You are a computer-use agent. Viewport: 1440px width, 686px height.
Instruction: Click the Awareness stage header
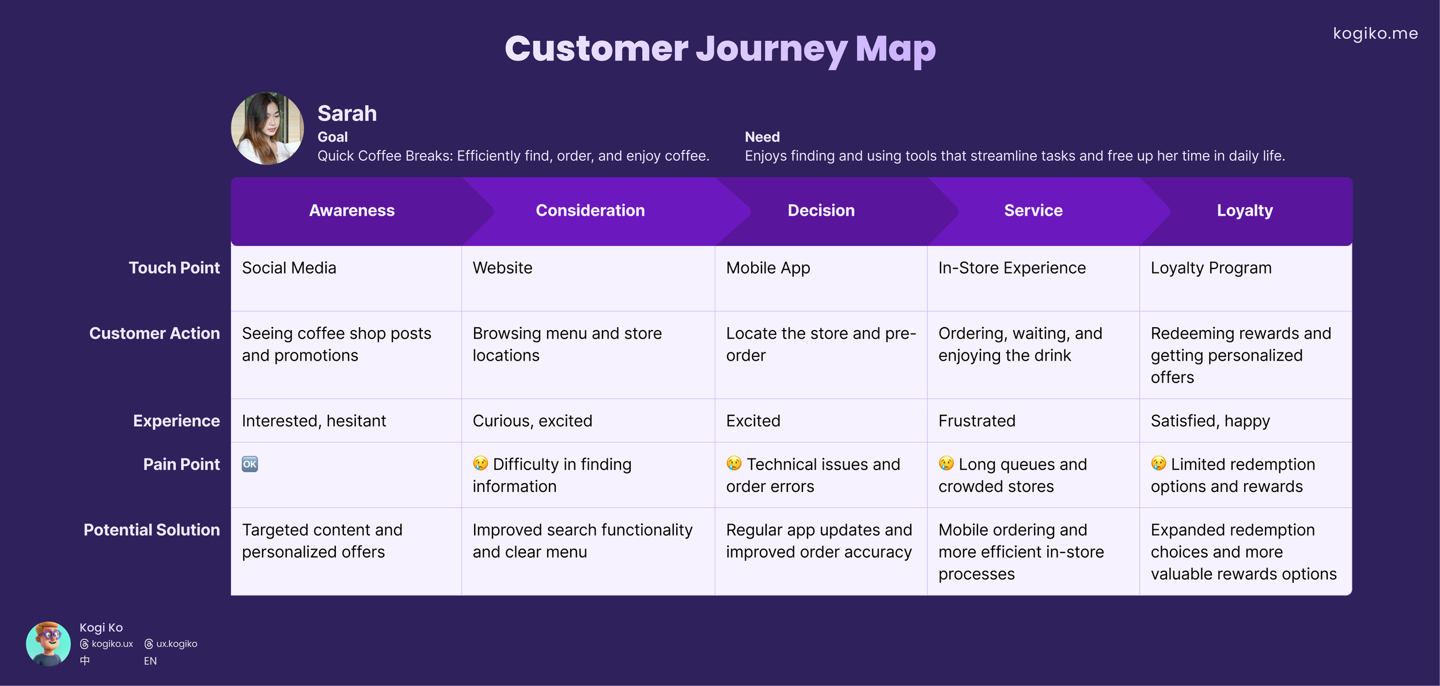pos(351,211)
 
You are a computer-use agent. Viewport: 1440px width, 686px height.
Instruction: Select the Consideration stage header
pos(590,211)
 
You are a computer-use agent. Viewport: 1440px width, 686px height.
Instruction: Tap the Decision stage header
pos(821,211)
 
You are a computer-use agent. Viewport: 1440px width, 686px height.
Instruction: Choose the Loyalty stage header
pos(1244,211)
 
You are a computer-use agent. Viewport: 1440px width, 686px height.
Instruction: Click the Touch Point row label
pos(174,268)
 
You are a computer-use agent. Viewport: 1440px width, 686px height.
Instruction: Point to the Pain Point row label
pos(181,464)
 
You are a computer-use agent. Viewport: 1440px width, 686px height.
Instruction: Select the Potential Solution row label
pos(151,530)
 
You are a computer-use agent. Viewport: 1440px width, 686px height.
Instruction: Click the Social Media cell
pos(289,268)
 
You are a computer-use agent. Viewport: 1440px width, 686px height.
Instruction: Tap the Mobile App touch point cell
pos(768,268)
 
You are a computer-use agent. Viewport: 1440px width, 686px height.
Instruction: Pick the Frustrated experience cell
pos(976,421)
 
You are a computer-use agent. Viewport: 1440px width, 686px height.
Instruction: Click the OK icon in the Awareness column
pos(250,464)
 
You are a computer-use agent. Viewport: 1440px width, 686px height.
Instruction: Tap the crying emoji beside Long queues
pos(946,464)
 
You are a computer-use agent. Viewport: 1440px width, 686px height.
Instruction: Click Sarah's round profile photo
pos(267,128)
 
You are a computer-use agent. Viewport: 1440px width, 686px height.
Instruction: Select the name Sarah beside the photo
pos(347,113)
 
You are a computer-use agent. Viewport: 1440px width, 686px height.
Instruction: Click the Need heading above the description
pos(762,137)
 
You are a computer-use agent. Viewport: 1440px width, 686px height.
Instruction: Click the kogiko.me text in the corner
pos(1375,33)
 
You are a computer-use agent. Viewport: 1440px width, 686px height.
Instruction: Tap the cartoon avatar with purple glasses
pos(48,643)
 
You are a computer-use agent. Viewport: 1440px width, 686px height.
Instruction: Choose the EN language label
pos(150,661)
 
